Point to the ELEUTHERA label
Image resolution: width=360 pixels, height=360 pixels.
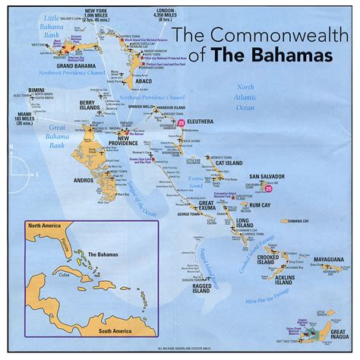202,119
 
